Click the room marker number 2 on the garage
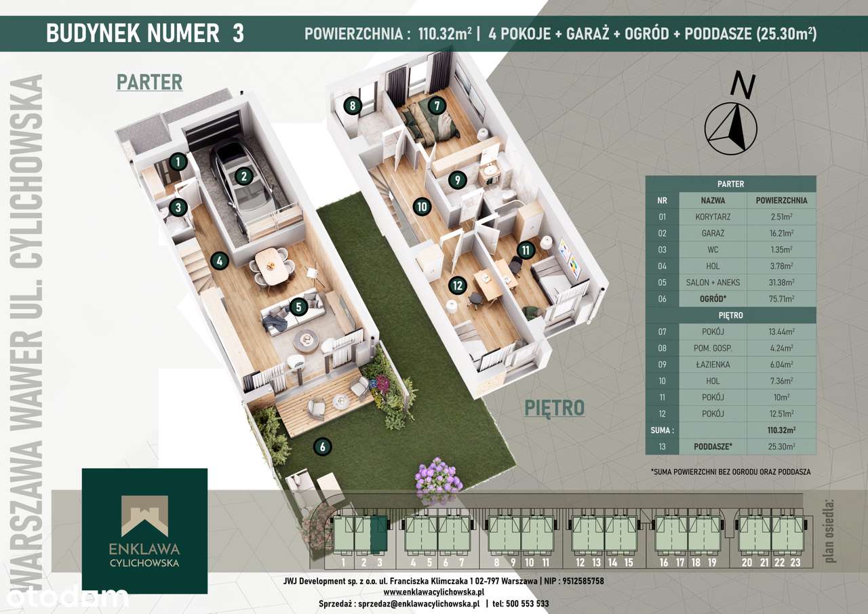(243, 176)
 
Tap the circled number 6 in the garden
(322, 447)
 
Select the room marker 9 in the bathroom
(458, 180)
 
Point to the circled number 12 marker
(458, 286)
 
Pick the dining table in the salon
(271, 266)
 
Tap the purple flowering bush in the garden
(439, 476)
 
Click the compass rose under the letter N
(730, 129)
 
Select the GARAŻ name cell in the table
(713, 233)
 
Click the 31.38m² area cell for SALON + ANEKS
(781, 283)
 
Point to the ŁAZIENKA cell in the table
(713, 365)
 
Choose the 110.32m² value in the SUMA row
(781, 430)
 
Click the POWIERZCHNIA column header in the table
(781, 201)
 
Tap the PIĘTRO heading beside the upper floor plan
(554, 409)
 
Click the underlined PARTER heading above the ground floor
(150, 83)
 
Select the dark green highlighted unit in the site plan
(379, 535)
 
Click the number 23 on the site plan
(795, 562)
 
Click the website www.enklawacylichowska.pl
(433, 592)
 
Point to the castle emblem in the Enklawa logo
(144, 515)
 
